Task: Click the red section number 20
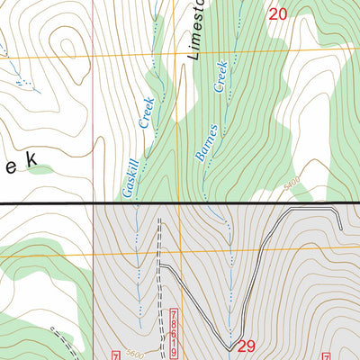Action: [x=278, y=13]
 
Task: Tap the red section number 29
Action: [x=248, y=346]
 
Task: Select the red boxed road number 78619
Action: [x=172, y=331]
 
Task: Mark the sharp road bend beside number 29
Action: [x=233, y=343]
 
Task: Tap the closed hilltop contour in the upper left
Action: [x=65, y=47]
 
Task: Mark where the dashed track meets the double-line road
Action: [x=165, y=267]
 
